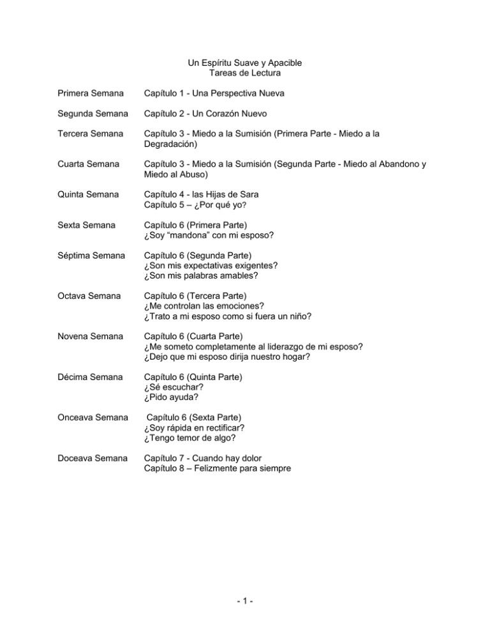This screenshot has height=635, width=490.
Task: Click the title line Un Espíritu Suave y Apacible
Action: pyautogui.click(x=244, y=63)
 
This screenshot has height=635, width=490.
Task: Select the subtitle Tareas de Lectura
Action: pyautogui.click(x=244, y=73)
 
